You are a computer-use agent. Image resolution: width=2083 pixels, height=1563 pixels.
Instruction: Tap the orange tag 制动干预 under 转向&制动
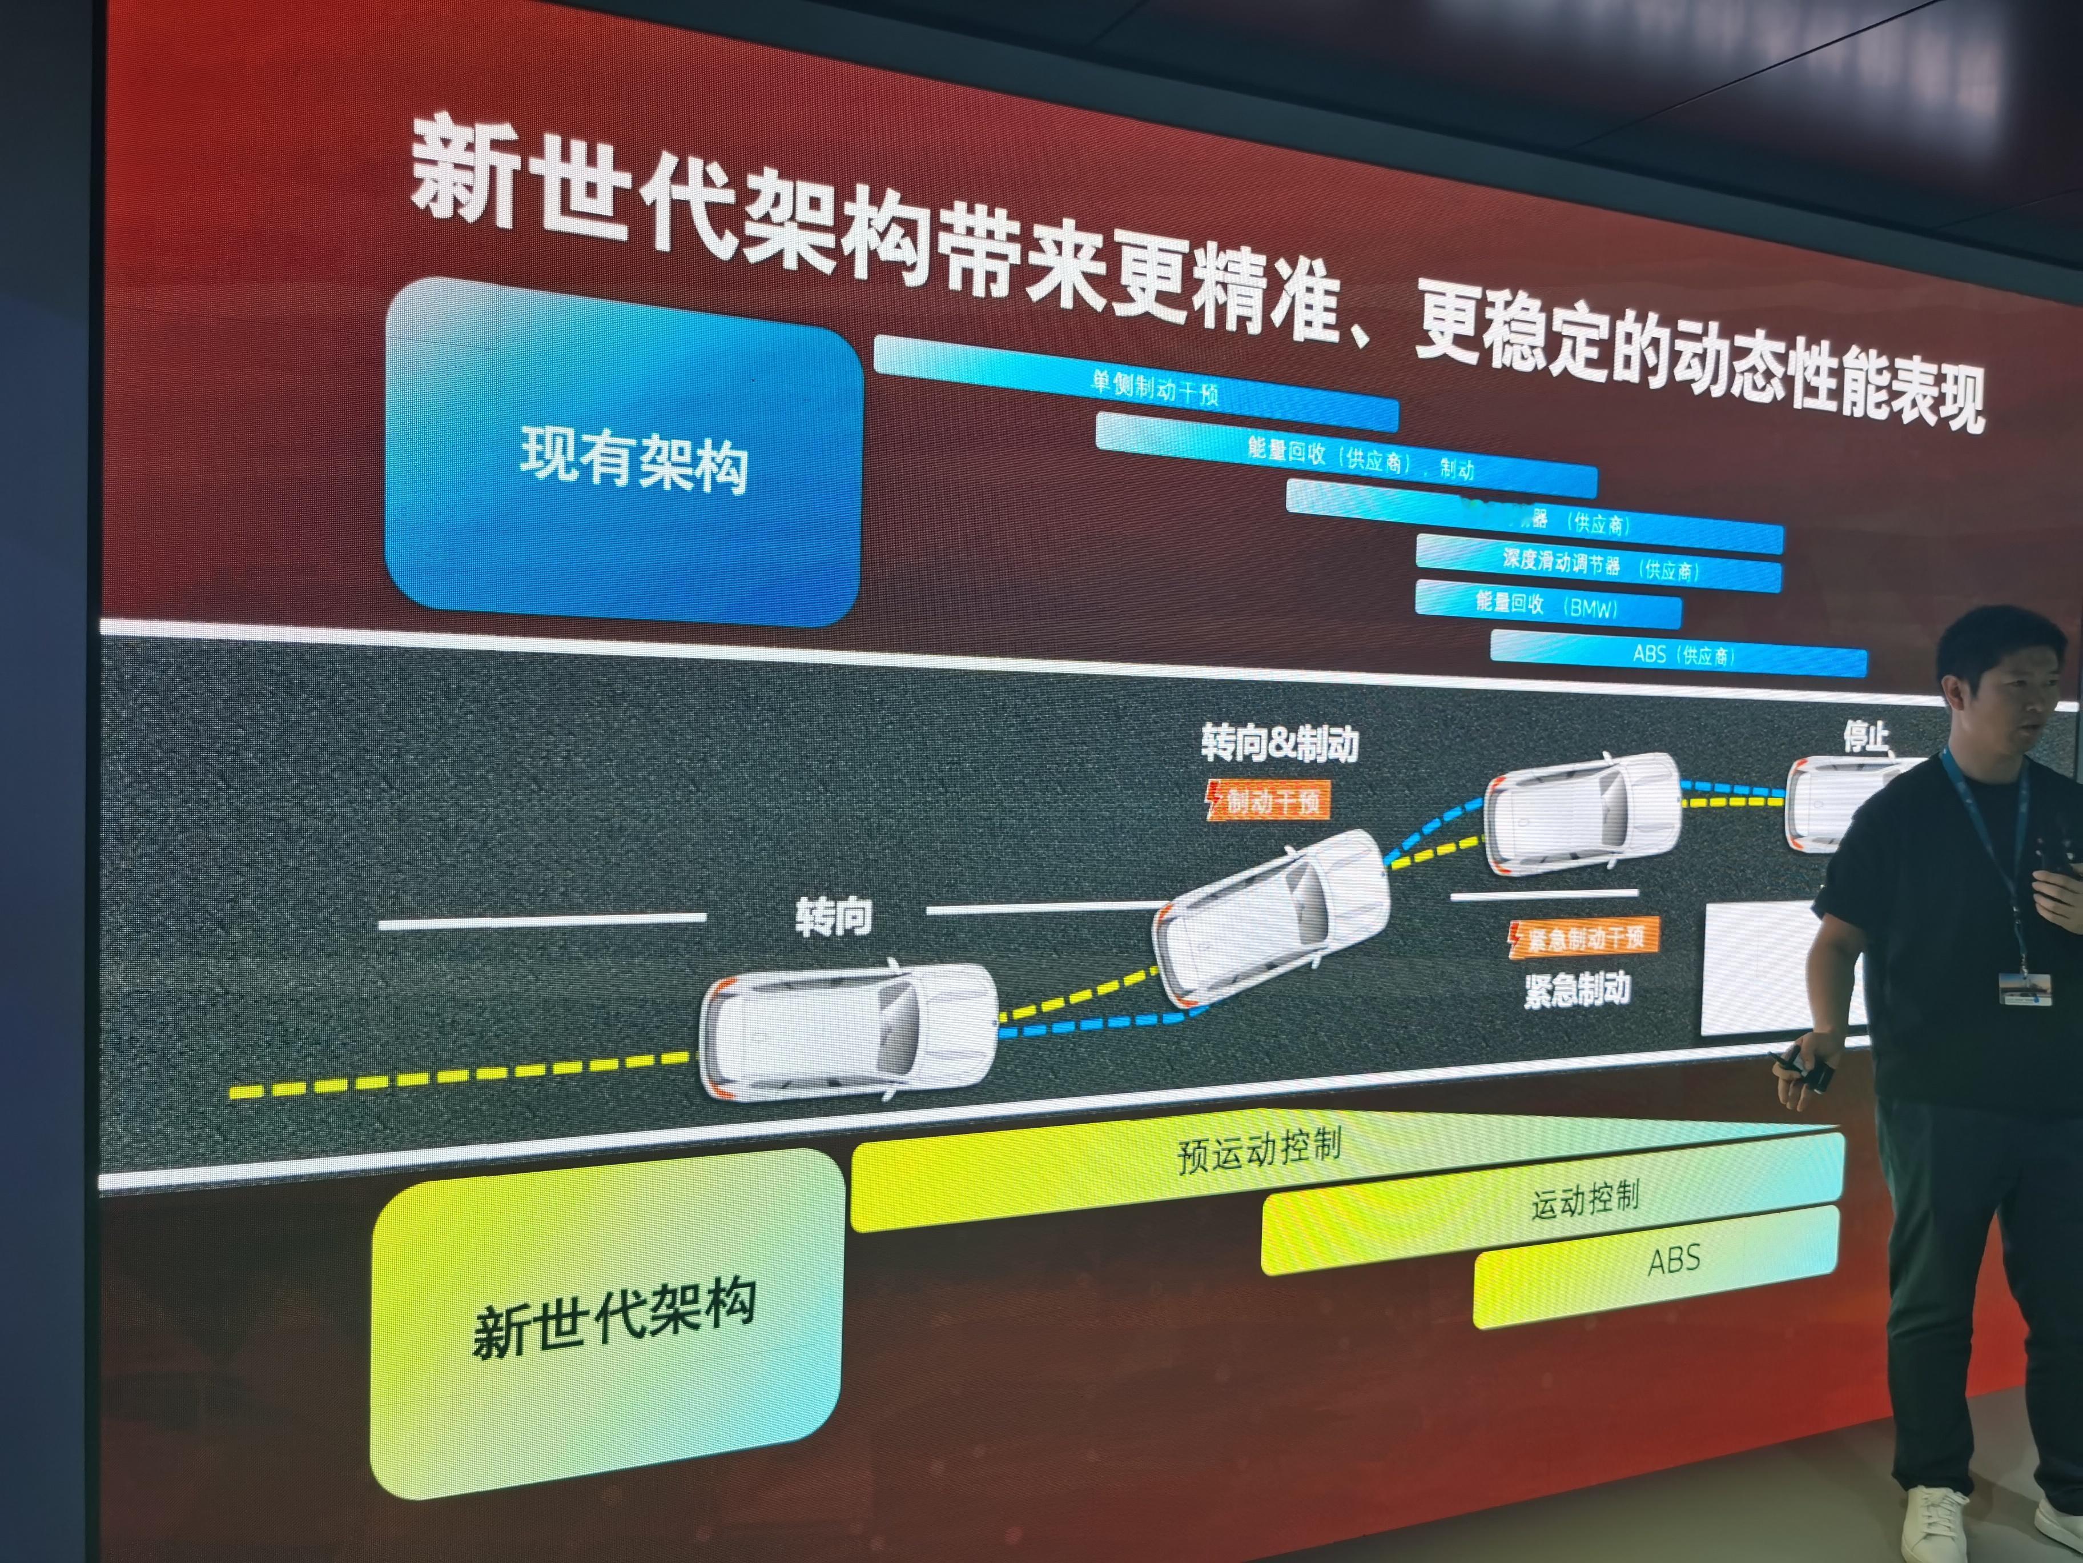pos(1268,801)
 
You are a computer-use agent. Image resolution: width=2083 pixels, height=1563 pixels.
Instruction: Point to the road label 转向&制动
pos(1280,743)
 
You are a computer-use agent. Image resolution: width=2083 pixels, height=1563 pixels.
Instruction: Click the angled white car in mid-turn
pos(1271,914)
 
